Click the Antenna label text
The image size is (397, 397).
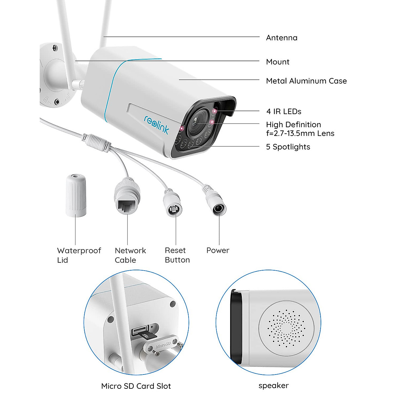tap(282, 38)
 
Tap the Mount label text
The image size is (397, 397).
tap(278, 62)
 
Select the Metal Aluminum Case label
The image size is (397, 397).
tap(306, 81)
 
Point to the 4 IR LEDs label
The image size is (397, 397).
tap(284, 111)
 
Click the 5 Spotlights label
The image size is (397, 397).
tap(288, 147)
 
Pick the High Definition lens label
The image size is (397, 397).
tap(300, 129)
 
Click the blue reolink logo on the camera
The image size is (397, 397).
tap(156, 124)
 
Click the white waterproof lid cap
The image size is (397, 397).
tap(76, 196)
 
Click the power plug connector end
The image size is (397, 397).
tap(218, 208)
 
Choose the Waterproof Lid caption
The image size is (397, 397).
tap(79, 255)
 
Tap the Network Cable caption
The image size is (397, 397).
tap(130, 255)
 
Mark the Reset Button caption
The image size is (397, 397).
tap(177, 255)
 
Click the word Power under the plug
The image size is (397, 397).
tap(218, 250)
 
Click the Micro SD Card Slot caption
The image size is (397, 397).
tap(136, 386)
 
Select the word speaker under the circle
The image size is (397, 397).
tap(274, 385)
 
